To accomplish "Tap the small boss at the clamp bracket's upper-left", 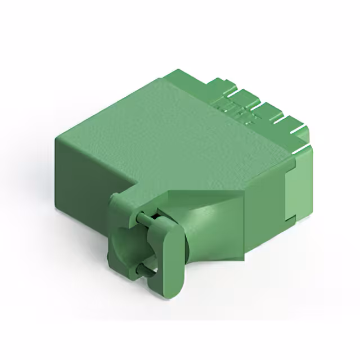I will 115,197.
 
